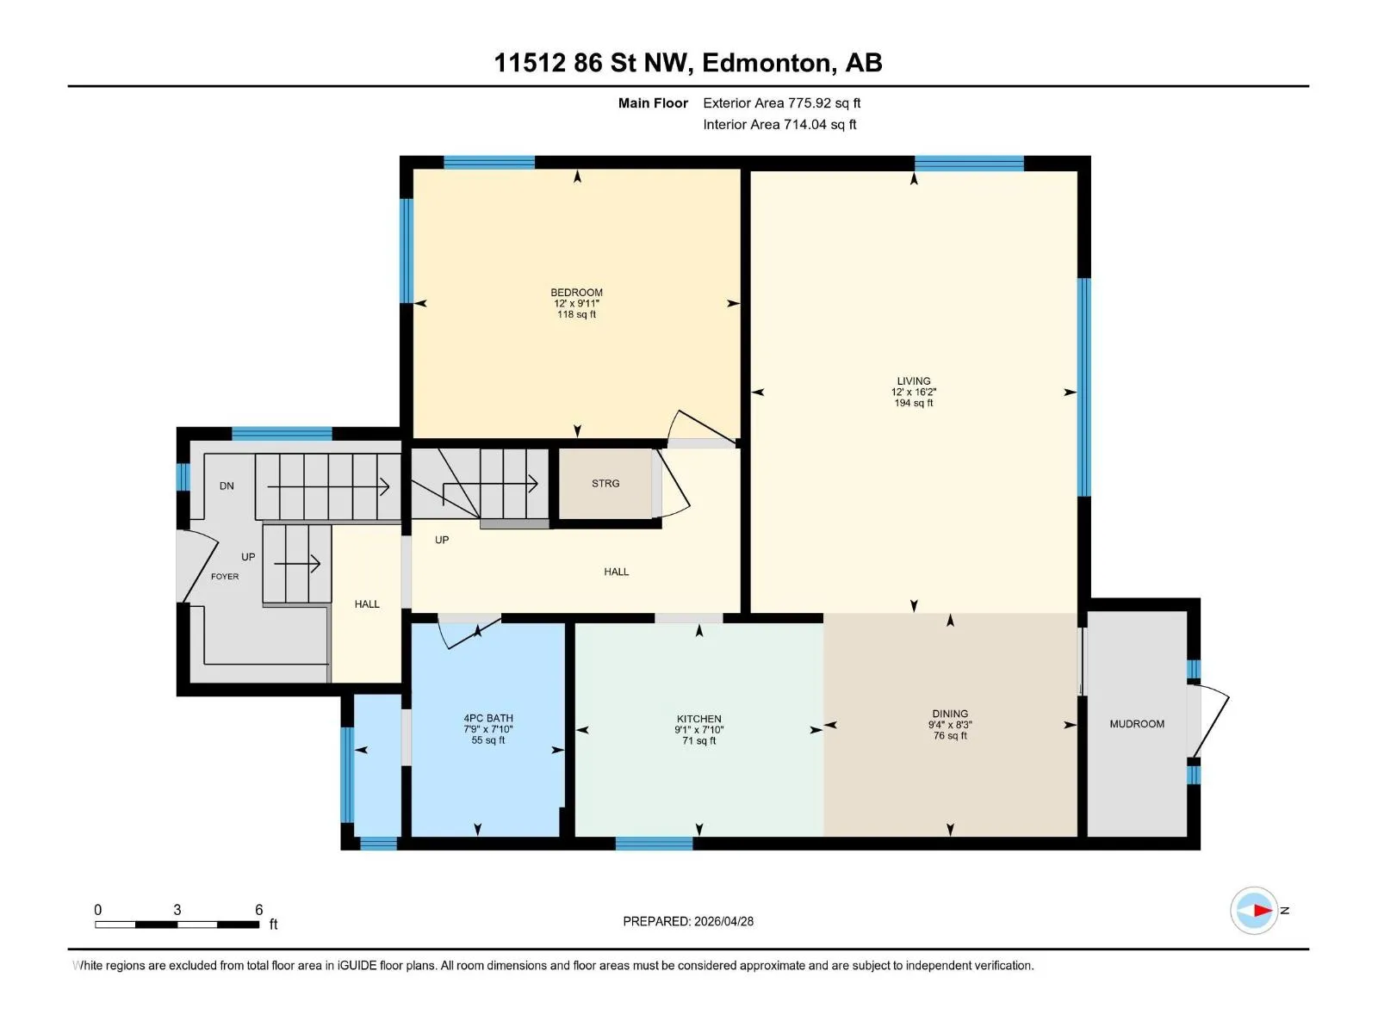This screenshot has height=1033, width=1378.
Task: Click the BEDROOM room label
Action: pos(576,293)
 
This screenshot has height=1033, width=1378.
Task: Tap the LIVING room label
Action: pos(914,380)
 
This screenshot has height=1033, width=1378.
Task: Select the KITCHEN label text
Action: pos(698,719)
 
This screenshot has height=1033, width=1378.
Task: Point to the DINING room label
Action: pos(950,714)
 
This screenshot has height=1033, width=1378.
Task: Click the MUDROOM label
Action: pos(1137,724)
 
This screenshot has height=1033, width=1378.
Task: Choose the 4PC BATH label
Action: pos(487,718)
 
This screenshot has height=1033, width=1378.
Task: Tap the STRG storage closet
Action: pos(605,484)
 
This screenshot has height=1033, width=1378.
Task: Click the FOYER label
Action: pos(225,577)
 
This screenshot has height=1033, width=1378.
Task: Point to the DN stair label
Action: pos(227,486)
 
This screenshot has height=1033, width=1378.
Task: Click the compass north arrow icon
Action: pos(1254,910)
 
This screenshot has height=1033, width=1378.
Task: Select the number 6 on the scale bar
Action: pos(258,909)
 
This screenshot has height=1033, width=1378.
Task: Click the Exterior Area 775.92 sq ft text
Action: pos(782,102)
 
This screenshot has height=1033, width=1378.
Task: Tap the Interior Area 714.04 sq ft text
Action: pos(779,124)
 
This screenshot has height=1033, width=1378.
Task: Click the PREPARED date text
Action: pos(688,921)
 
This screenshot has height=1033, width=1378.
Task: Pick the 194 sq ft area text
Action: pos(914,403)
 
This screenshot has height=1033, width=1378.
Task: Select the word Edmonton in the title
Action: pos(769,63)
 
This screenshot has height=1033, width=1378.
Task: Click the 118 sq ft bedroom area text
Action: pos(576,314)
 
